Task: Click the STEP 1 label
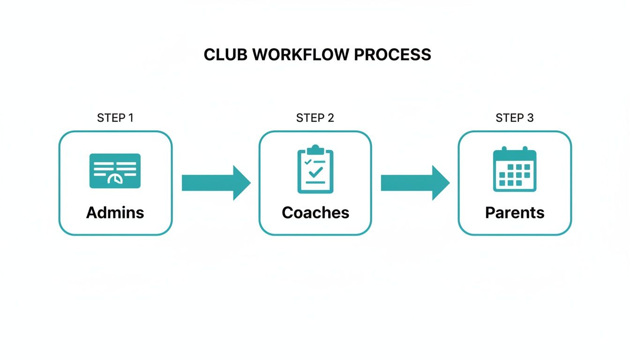(x=115, y=118)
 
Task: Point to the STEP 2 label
(x=315, y=118)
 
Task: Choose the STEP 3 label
(x=514, y=118)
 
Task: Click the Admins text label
(x=115, y=213)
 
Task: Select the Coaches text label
(x=315, y=213)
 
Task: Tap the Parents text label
(x=515, y=213)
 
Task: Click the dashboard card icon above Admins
(x=115, y=171)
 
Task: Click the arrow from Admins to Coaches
(x=216, y=182)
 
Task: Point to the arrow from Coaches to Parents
(x=415, y=182)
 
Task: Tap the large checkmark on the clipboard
(x=316, y=172)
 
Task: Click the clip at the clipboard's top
(x=315, y=150)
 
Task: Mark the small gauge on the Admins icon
(x=114, y=180)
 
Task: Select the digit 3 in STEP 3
(x=530, y=118)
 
